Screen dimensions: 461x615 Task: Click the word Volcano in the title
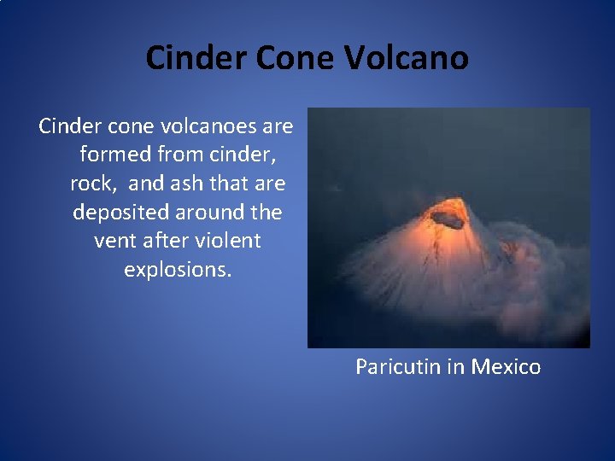click(x=407, y=58)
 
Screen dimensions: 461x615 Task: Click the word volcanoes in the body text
click(x=202, y=127)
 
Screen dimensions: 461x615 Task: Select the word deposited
click(x=117, y=212)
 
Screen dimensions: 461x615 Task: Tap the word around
click(x=207, y=212)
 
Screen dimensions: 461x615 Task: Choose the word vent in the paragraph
click(x=115, y=240)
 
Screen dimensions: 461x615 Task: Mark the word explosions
click(x=178, y=269)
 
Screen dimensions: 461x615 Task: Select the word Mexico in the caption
click(x=505, y=366)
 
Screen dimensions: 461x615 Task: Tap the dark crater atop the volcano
click(x=447, y=219)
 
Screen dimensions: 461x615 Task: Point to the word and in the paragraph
click(x=147, y=184)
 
